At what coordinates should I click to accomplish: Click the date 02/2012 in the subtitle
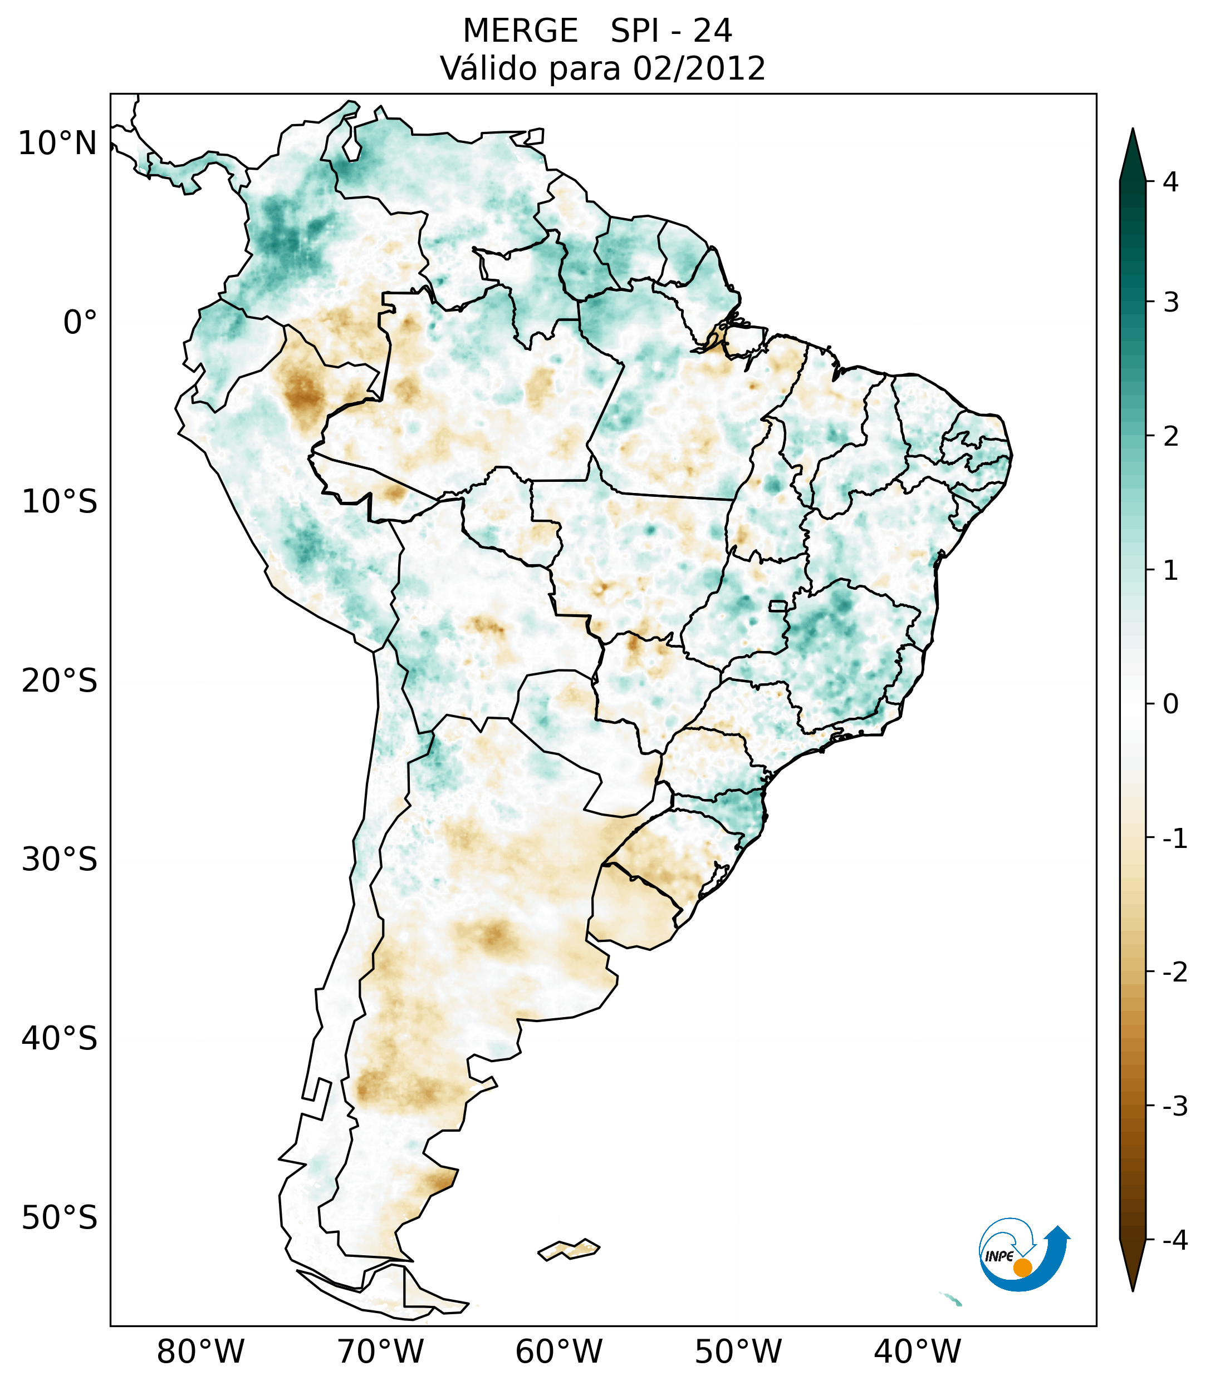click(699, 68)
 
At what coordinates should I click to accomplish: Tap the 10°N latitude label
click(58, 144)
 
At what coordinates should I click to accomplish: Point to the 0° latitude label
click(80, 323)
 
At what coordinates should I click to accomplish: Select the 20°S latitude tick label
click(60, 681)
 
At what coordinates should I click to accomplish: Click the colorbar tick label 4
click(1170, 182)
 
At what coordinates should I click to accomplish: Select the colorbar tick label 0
click(1170, 704)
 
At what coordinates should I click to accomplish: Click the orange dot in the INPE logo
click(1022, 1267)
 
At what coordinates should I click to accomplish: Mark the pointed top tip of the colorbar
click(1133, 130)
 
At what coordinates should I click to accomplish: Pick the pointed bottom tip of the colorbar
click(1133, 1290)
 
